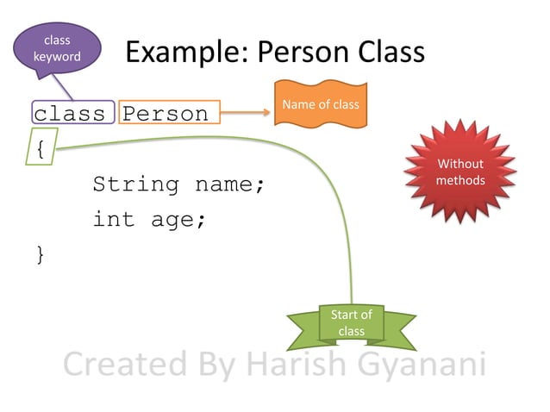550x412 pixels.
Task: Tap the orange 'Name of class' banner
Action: click(321, 104)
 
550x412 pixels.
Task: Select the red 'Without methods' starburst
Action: click(459, 172)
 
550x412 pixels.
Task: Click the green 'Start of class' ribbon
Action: click(351, 323)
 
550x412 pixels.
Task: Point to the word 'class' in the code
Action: click(70, 113)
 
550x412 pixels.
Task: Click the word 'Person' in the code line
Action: click(166, 113)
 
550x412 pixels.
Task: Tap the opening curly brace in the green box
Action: click(41, 148)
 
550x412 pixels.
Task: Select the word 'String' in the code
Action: click(136, 184)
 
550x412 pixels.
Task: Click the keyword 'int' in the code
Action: click(114, 220)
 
